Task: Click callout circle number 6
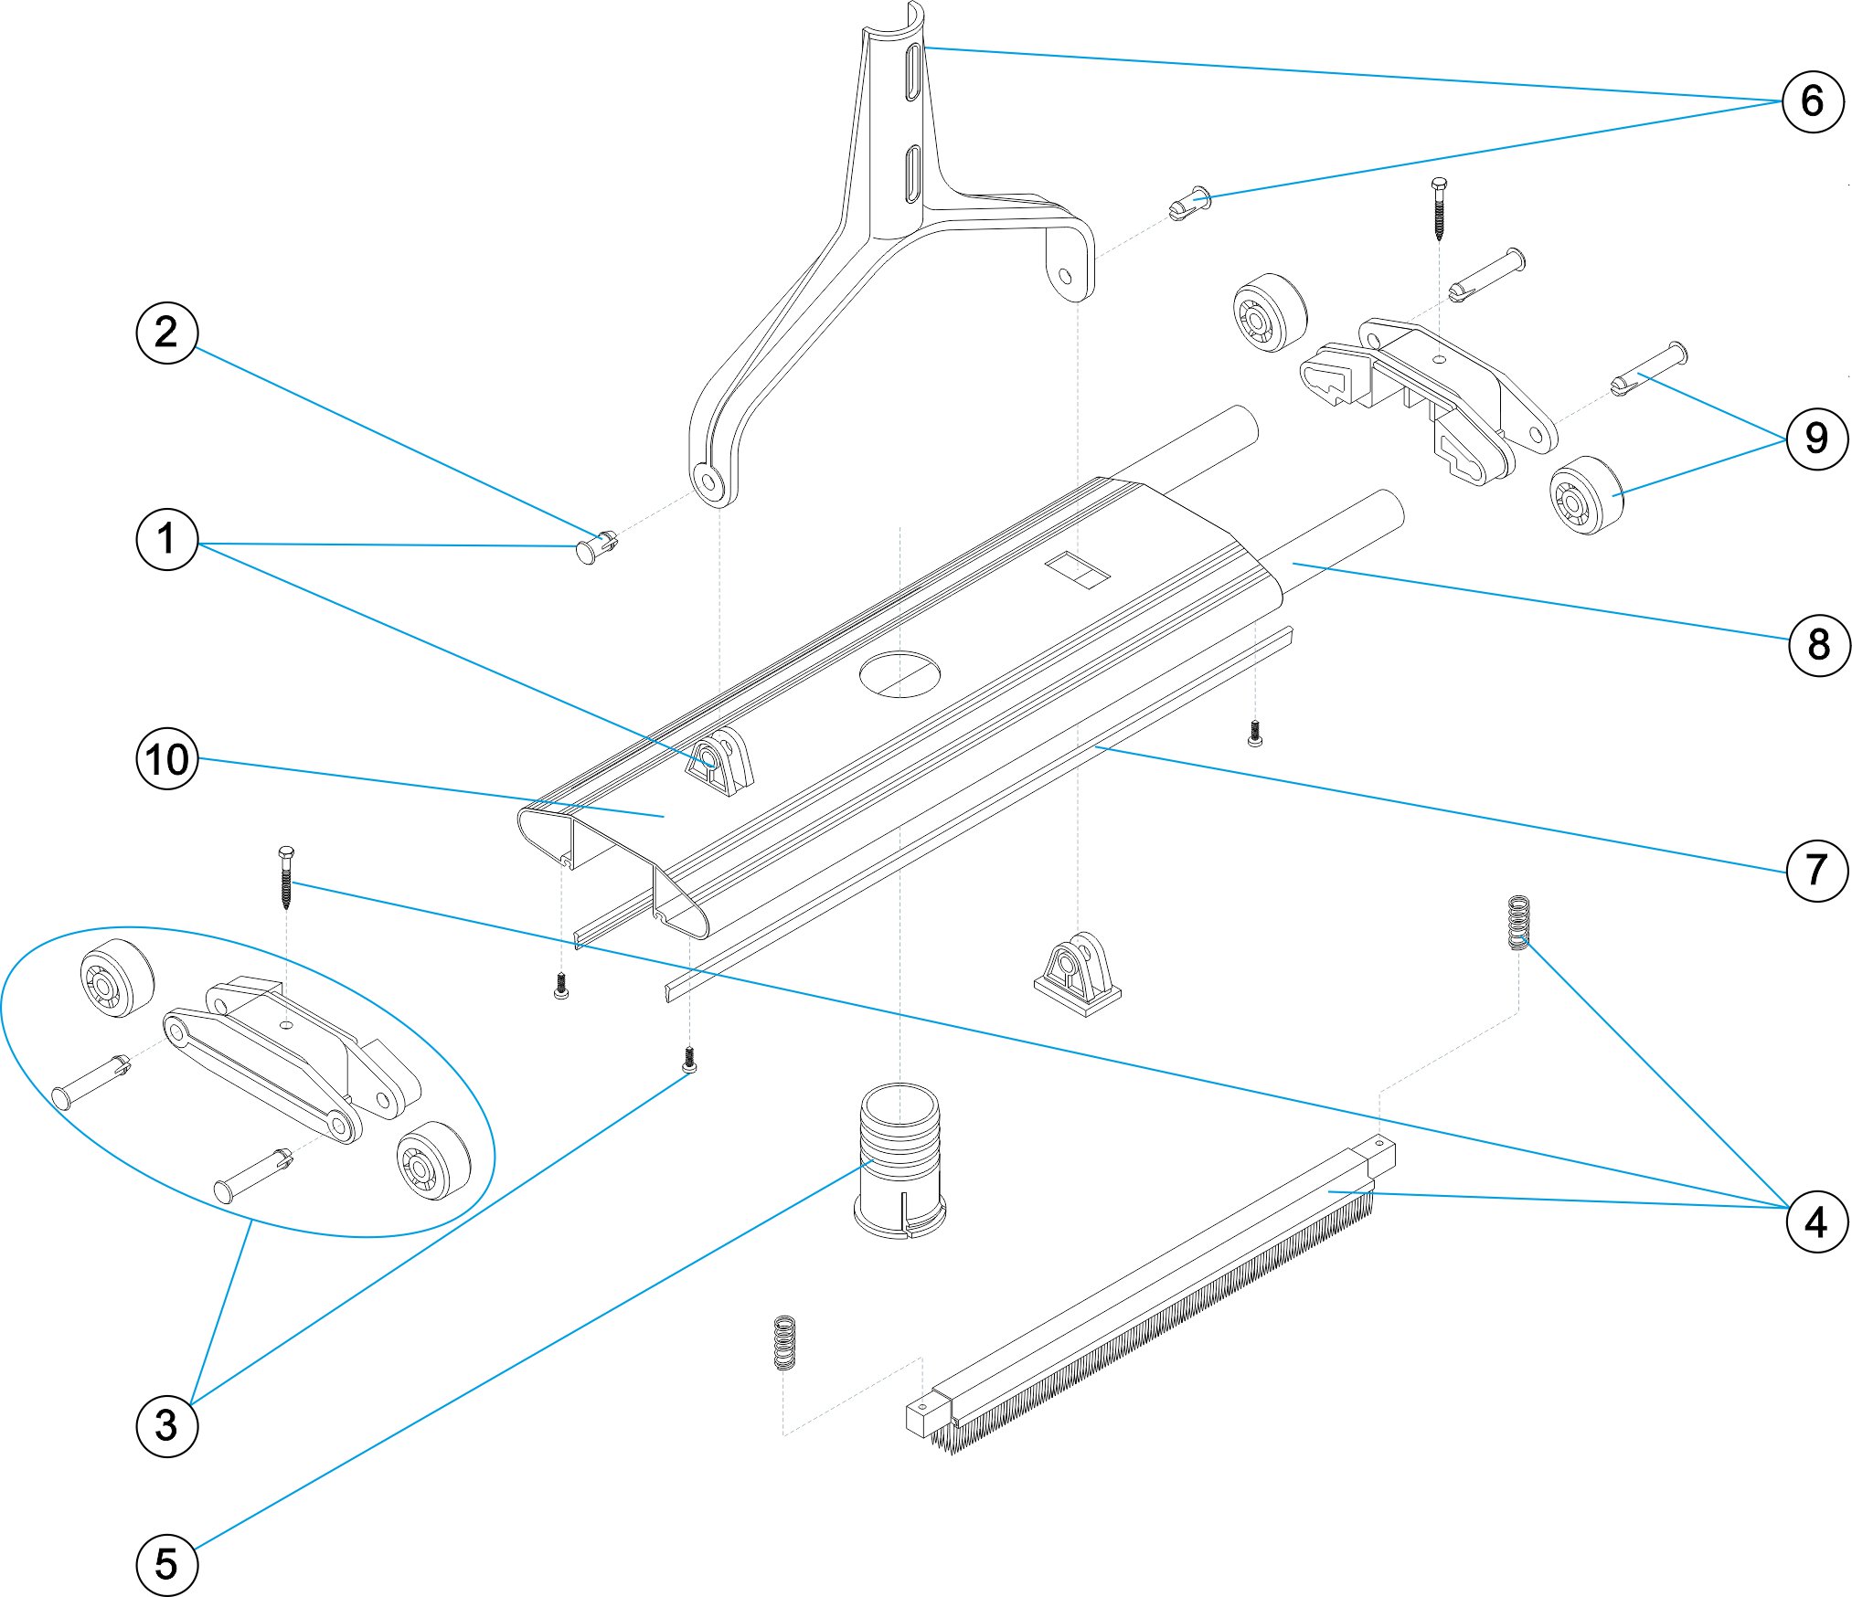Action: click(1813, 101)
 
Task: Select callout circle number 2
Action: click(166, 333)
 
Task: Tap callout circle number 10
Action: click(166, 759)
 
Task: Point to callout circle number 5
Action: click(166, 1564)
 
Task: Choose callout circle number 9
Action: click(1816, 439)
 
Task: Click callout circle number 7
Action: click(1816, 870)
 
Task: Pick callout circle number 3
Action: click(166, 1425)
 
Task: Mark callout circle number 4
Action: click(1816, 1222)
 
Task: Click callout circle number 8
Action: click(1818, 645)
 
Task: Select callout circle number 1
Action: click(166, 539)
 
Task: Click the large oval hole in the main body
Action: click(899, 674)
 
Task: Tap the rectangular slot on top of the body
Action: click(1077, 570)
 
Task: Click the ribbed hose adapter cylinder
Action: click(899, 1158)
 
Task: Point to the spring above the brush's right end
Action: click(1517, 922)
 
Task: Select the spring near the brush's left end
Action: click(784, 1342)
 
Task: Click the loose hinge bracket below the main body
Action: click(1077, 976)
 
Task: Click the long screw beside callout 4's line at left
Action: click(286, 877)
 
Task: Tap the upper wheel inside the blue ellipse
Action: click(117, 976)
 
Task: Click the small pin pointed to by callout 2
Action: click(598, 546)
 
